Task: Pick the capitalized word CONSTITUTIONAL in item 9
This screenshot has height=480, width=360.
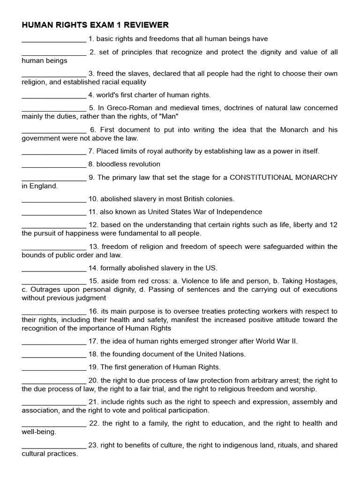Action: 258,177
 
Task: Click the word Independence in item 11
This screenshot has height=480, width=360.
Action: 240,212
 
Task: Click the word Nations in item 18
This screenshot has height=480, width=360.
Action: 232,354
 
